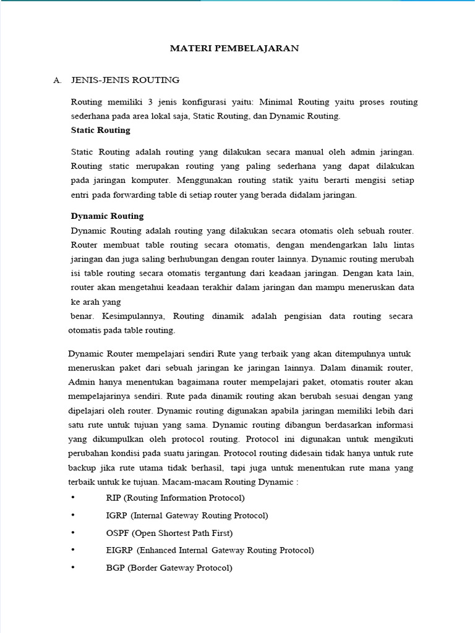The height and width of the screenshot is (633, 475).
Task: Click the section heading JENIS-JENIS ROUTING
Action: (x=126, y=80)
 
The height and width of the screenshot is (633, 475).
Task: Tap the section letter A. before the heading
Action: (x=58, y=80)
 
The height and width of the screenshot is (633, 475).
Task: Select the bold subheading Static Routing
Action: (x=100, y=130)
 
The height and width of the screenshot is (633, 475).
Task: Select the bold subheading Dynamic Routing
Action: (x=107, y=216)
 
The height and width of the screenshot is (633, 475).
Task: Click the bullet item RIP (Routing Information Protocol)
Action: (x=175, y=498)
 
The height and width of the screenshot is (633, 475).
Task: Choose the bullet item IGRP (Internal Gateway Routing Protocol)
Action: (x=187, y=515)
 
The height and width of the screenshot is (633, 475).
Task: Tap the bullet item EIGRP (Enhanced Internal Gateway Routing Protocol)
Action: (x=210, y=550)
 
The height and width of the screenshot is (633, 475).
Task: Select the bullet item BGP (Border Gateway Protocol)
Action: (x=169, y=567)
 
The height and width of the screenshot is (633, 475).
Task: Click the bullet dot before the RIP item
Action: (x=73, y=498)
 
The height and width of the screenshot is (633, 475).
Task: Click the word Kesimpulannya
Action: (x=131, y=316)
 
